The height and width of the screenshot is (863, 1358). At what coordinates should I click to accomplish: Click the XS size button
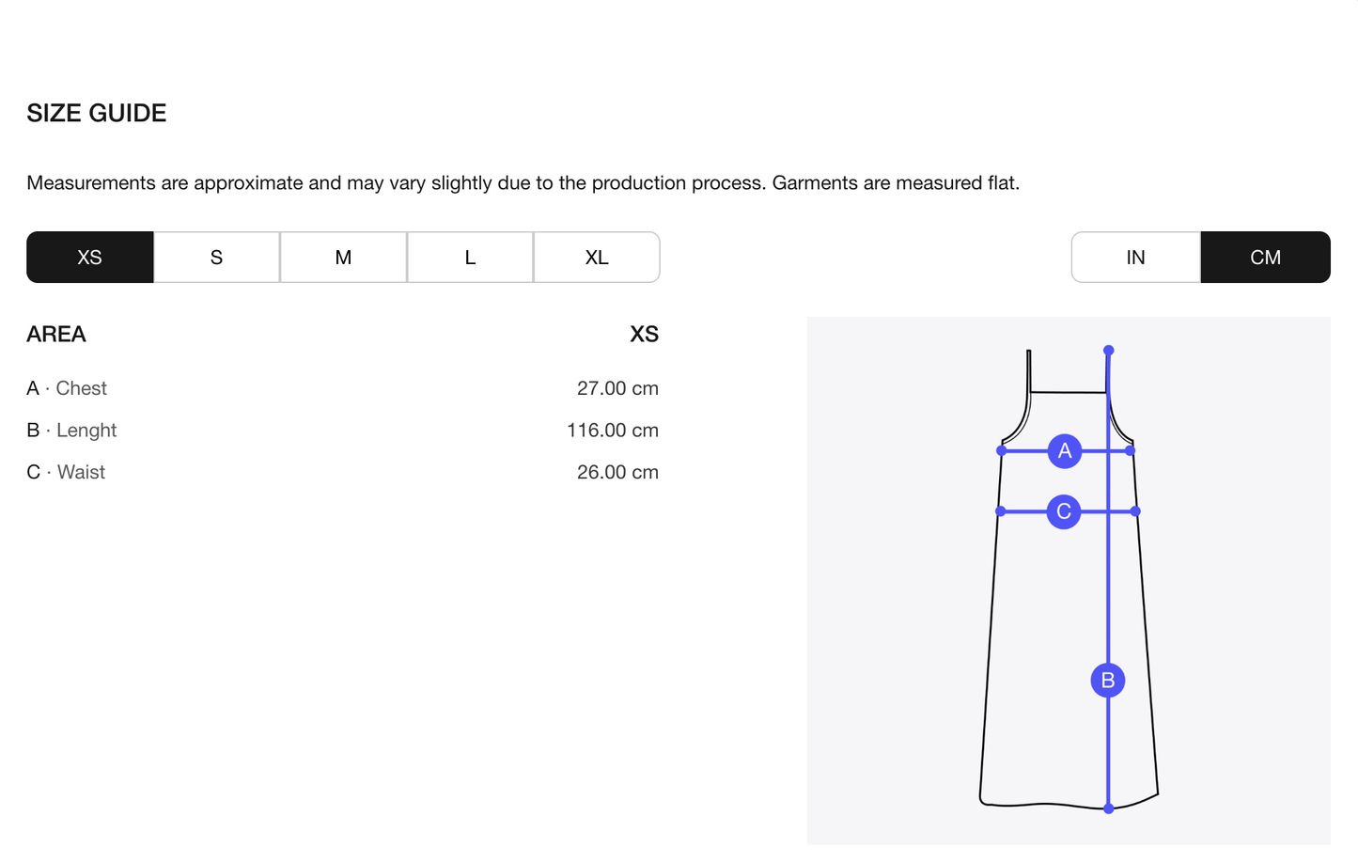point(89,258)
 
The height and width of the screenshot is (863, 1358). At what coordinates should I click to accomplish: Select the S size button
point(216,258)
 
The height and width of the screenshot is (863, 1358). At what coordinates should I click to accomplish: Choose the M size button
point(343,258)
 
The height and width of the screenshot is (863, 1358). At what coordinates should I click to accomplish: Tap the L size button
point(470,258)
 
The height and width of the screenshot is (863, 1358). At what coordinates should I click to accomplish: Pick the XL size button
point(597,258)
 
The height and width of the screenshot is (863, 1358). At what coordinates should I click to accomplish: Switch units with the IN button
point(1135,258)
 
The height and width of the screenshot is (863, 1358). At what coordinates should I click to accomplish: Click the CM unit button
point(1265,258)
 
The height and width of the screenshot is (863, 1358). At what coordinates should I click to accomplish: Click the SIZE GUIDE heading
point(97,114)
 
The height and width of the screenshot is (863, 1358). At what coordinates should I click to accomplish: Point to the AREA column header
point(56,334)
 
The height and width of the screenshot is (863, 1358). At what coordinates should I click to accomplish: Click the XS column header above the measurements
point(644,334)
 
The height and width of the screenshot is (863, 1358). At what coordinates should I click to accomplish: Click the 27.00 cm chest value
point(617,388)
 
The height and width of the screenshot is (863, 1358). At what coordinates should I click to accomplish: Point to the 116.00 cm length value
point(613,430)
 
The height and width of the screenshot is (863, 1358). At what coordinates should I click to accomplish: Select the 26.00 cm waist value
point(617,472)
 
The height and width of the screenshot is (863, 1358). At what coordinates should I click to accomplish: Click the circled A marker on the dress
point(1065,451)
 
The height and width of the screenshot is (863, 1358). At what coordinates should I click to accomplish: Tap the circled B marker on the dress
point(1108,681)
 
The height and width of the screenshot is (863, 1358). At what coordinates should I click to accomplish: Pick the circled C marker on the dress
point(1063,511)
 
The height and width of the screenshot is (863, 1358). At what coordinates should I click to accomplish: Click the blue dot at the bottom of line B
point(1108,808)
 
